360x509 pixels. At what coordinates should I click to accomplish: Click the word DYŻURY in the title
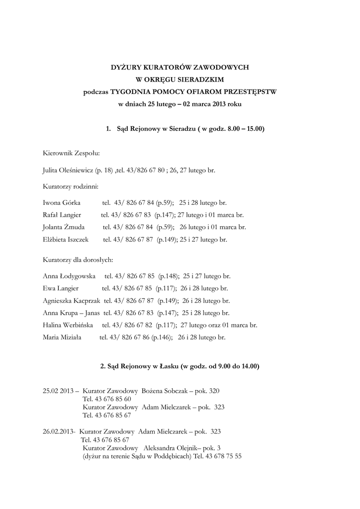tap(126, 67)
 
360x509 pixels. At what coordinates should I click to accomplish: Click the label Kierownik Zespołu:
tap(72, 154)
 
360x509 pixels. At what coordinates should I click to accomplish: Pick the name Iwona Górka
tap(62, 203)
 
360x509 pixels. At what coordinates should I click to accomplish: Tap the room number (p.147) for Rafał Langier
tap(166, 215)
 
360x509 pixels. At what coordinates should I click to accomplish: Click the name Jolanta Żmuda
tap(64, 227)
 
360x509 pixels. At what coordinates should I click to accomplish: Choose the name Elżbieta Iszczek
tap(66, 240)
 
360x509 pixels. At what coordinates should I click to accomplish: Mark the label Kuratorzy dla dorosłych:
tap(79, 260)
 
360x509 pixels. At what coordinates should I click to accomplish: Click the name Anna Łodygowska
tap(69, 276)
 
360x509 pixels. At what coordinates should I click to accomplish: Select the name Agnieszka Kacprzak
tap(72, 301)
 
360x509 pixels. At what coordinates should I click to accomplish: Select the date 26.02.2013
tap(59, 431)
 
